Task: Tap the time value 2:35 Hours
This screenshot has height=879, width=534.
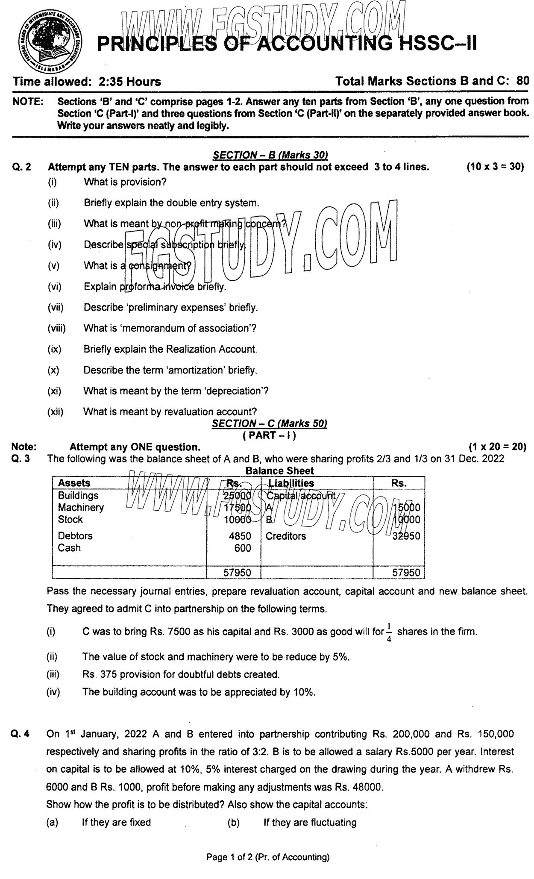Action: pyautogui.click(x=129, y=82)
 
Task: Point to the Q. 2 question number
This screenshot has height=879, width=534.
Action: pyautogui.click(x=22, y=167)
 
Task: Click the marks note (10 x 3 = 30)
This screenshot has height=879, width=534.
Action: pyautogui.click(x=495, y=167)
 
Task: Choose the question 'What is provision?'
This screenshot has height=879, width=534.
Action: pyautogui.click(x=125, y=182)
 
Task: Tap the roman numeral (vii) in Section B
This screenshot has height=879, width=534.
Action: pyautogui.click(x=55, y=307)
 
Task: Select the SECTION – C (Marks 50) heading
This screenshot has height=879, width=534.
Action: pyautogui.click(x=270, y=423)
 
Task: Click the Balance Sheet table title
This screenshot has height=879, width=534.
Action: pyautogui.click(x=279, y=471)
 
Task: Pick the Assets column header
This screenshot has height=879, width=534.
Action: pyautogui.click(x=74, y=483)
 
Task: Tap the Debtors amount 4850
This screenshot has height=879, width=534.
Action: pyautogui.click(x=240, y=536)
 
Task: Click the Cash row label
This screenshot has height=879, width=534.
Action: pyautogui.click(x=69, y=548)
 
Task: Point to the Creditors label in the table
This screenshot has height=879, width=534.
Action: pyautogui.click(x=286, y=536)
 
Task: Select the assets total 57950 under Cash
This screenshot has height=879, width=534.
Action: pyautogui.click(x=238, y=573)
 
